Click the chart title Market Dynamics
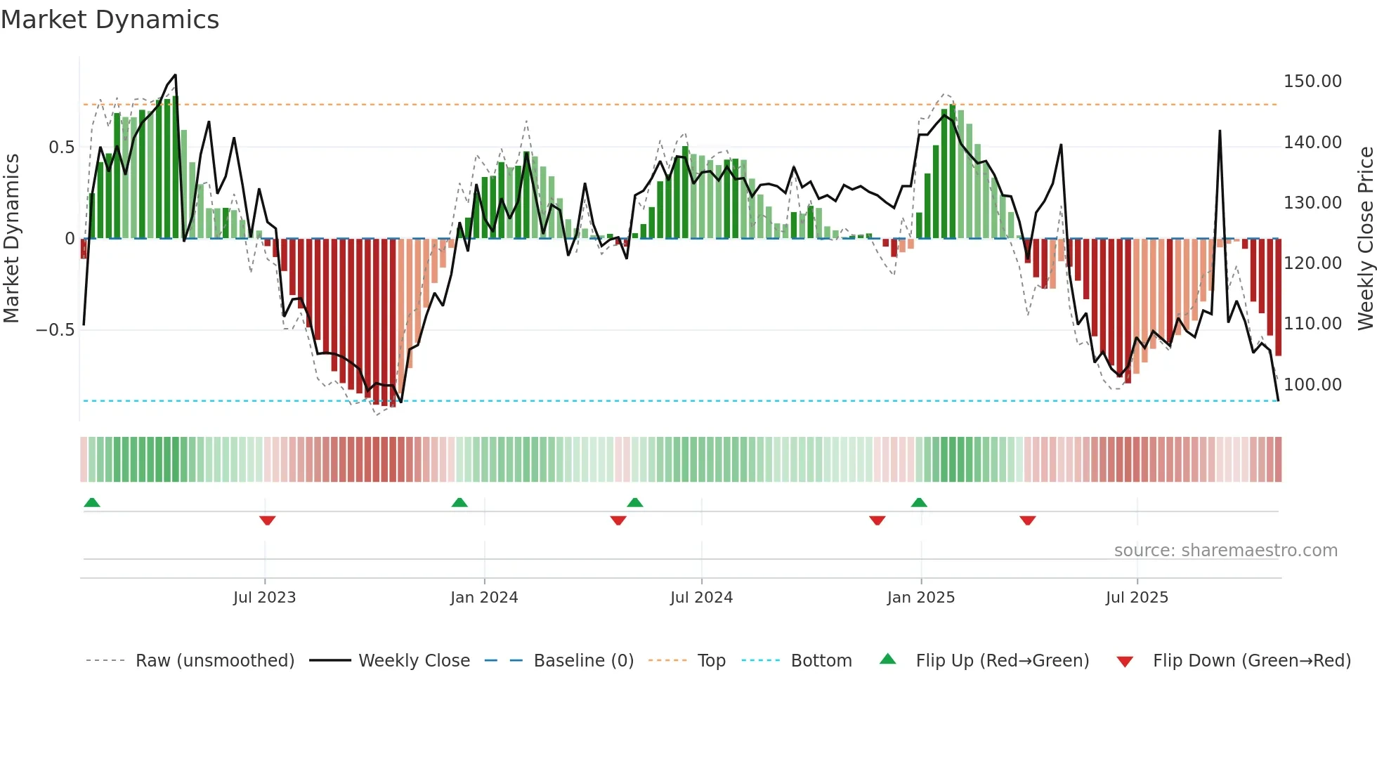[110, 20]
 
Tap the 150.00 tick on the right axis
[1312, 81]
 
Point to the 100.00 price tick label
[1312, 385]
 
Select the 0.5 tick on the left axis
[61, 147]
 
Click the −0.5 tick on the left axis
[56, 330]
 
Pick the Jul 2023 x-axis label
[264, 598]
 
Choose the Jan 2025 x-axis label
[920, 598]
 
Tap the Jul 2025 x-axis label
[1136, 598]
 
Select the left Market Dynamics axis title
[11, 239]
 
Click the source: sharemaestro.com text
[1225, 551]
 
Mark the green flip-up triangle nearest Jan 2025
[919, 502]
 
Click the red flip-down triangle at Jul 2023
[267, 520]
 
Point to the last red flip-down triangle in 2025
[1027, 520]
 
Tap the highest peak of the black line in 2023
[175, 75]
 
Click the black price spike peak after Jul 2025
[1220, 131]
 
